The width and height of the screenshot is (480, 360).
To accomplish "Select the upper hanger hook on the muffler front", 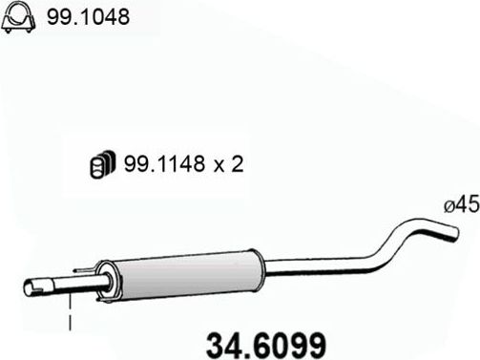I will pyautogui.click(x=88, y=269).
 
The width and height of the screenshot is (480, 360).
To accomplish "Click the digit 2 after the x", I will pyautogui.click(x=238, y=164).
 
